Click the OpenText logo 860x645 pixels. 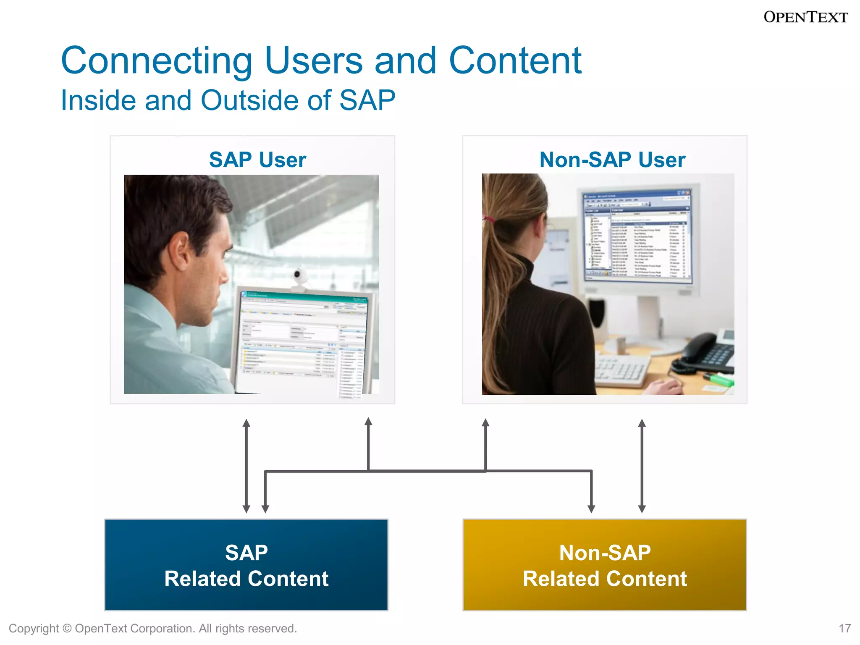point(805,17)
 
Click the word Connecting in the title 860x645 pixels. point(156,61)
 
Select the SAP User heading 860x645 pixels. point(257,160)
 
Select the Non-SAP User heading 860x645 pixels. point(612,160)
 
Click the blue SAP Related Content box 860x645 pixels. point(246,564)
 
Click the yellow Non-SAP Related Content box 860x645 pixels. point(604,564)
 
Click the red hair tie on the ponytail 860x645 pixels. point(488,218)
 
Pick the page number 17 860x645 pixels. point(844,628)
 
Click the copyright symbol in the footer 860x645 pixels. point(67,629)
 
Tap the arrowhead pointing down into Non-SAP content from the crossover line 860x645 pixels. point(591,509)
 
